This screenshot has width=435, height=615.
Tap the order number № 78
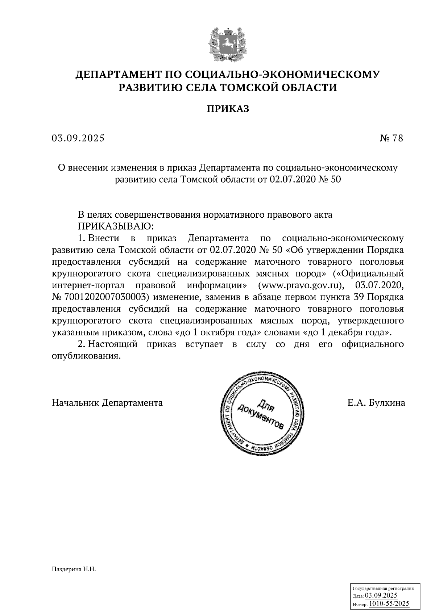tap(391, 138)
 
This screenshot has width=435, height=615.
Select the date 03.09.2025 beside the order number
tap(78, 138)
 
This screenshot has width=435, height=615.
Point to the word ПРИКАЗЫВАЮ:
tap(116, 226)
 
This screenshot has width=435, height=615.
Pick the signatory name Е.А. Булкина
tap(376, 403)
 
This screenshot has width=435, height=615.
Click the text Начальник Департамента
tap(107, 403)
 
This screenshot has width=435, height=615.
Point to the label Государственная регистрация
tap(383, 589)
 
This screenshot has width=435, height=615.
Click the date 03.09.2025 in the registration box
tap(381, 596)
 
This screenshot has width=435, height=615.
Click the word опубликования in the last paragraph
tap(86, 356)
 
